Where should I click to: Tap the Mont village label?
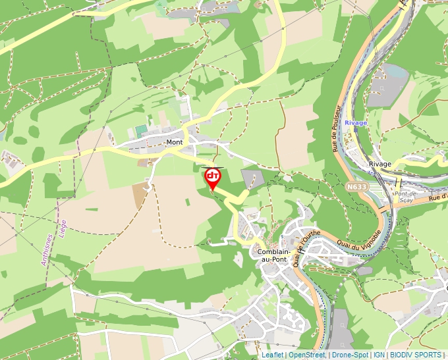coord(175,142)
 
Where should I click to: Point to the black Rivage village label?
coord(380,164)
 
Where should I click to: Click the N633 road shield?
coord(356,188)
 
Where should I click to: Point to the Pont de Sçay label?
coord(404,197)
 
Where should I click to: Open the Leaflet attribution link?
coord(272,355)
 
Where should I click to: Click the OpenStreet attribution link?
coord(307,355)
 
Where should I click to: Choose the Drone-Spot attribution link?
coord(350,355)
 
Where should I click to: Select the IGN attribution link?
coord(379,355)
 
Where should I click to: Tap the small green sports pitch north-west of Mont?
coord(141,131)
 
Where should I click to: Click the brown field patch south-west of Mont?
coord(140,195)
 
